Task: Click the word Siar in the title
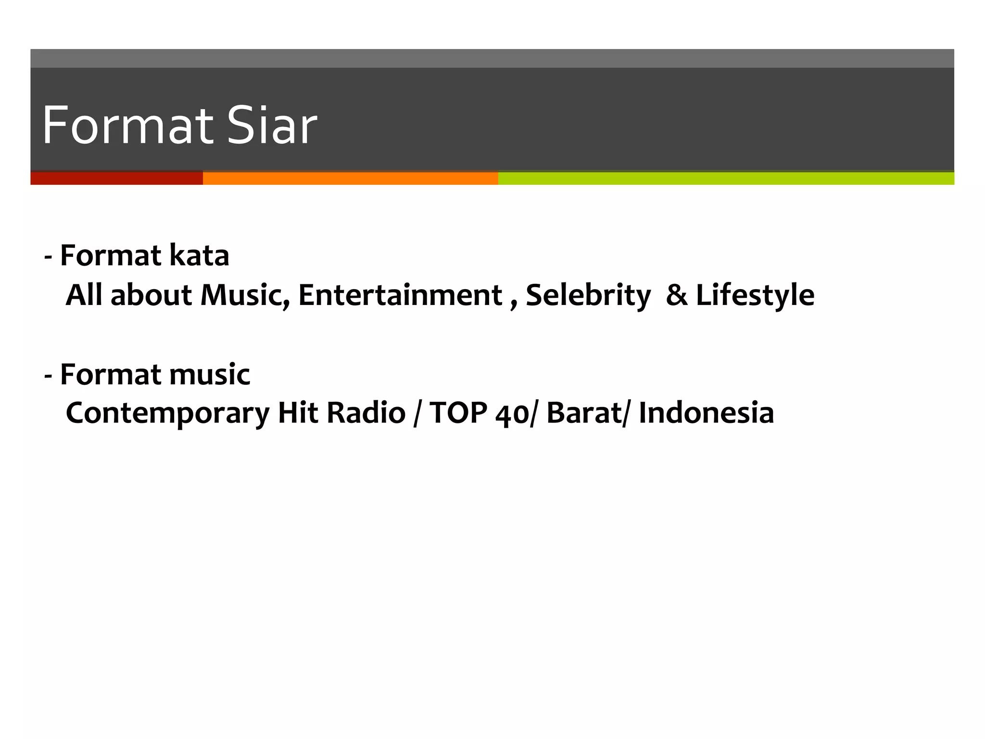pos(272,126)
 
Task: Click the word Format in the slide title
pos(127,126)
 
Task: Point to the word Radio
pos(366,413)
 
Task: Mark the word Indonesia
pos(706,413)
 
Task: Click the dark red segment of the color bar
pos(116,178)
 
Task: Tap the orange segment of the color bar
pos(350,178)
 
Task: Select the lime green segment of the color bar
pos(726,178)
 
